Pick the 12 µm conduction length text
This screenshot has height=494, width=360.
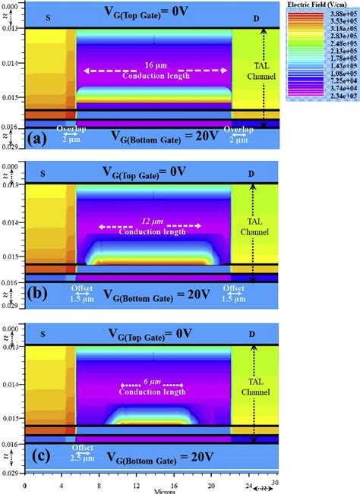click(x=149, y=227)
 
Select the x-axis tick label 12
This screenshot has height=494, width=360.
click(x=136, y=484)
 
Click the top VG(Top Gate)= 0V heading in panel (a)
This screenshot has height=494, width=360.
click(x=156, y=11)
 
